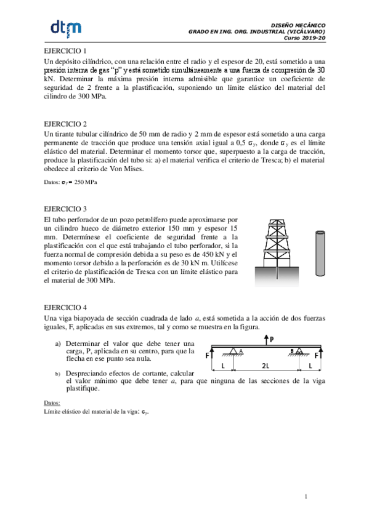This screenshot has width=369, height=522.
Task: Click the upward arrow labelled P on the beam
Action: pyautogui.click(x=265, y=339)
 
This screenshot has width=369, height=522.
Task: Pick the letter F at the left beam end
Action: pyautogui.click(x=208, y=355)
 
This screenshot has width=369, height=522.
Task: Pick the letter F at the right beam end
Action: pyautogui.click(x=317, y=355)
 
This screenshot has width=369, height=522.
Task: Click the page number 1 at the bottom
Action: pyautogui.click(x=306, y=496)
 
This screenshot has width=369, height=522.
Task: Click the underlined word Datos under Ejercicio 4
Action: pyautogui.click(x=52, y=403)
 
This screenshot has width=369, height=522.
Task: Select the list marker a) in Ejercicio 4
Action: pyautogui.click(x=58, y=343)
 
